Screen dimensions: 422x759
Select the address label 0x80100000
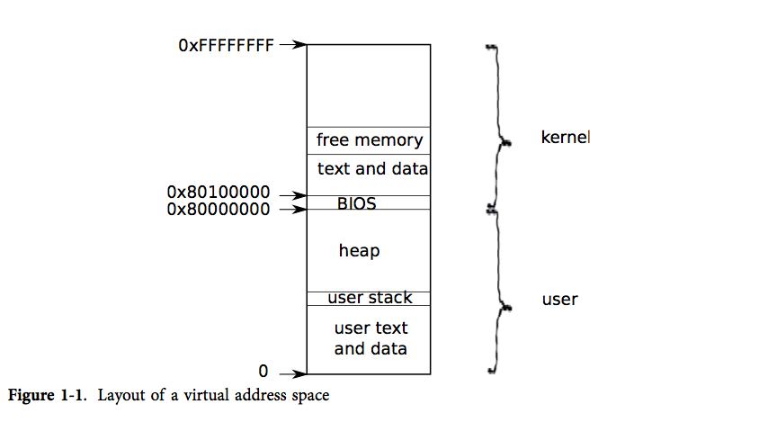point(219,193)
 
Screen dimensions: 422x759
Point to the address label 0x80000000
point(219,209)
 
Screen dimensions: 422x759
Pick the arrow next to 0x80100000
point(292,195)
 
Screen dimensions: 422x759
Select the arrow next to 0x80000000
point(292,210)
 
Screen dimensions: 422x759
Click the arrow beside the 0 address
point(292,373)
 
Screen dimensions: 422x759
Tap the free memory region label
point(369,140)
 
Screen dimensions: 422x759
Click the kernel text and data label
point(371,168)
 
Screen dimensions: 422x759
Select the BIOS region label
point(356,203)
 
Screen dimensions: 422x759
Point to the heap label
point(359,251)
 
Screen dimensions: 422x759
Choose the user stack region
point(370,298)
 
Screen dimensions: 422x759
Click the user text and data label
point(371,338)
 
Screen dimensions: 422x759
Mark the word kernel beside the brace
point(565,139)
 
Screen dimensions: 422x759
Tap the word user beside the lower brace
point(559,300)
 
